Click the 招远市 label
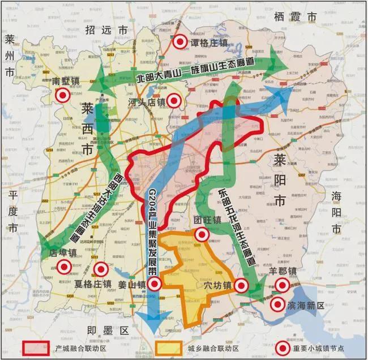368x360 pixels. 101,29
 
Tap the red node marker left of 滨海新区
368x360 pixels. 277,305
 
